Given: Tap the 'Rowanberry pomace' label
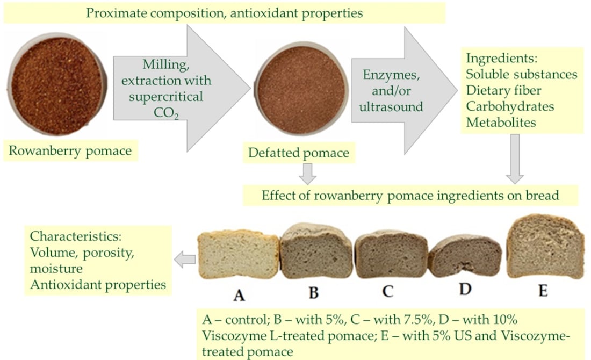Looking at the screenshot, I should tap(70, 151).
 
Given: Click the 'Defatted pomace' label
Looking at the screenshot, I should tap(298, 153).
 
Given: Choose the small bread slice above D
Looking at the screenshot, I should tap(465, 255).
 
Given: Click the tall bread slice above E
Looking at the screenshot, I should tap(544, 247).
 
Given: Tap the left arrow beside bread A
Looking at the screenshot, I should tap(185, 260).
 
